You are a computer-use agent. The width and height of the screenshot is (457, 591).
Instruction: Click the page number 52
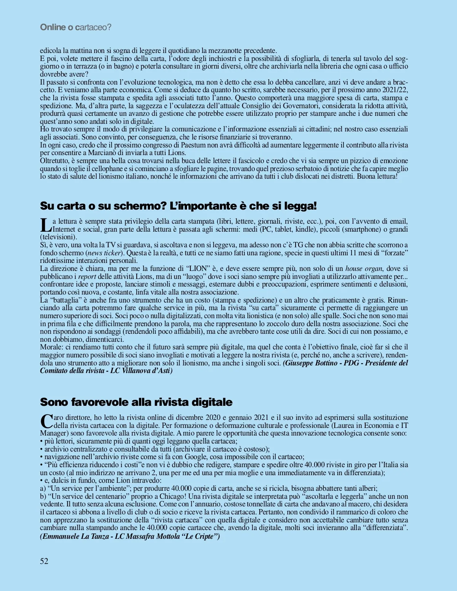coord(44,561)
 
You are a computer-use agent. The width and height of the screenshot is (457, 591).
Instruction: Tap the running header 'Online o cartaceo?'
coord(75,27)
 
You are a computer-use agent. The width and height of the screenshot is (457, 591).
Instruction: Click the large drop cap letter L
coord(46,225)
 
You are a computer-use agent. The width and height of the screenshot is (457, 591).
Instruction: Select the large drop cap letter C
coord(46,421)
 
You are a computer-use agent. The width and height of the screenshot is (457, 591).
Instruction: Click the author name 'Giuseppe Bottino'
coord(310,363)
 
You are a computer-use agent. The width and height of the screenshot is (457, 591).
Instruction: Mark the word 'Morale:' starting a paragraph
coord(52,347)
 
